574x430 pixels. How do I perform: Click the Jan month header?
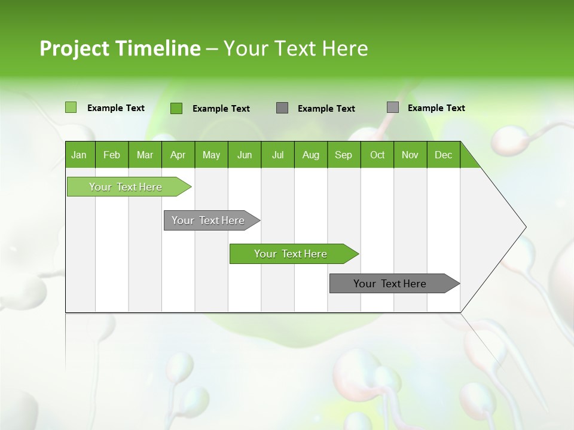pyautogui.click(x=79, y=155)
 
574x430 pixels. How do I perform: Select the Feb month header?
pyautogui.click(x=112, y=155)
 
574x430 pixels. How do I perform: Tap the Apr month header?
pyautogui.click(x=178, y=155)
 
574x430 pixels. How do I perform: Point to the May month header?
pyautogui.click(x=211, y=155)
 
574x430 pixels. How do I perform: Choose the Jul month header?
pyautogui.click(x=277, y=155)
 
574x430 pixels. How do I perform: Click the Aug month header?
pyautogui.click(x=310, y=155)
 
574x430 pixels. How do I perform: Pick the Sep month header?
pyautogui.click(x=343, y=155)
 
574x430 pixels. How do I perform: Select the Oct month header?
pyautogui.click(x=377, y=155)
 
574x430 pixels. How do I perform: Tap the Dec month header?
pyautogui.click(x=443, y=155)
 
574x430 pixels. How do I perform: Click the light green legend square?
pyautogui.click(x=71, y=107)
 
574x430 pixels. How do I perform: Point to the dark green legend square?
pyautogui.click(x=176, y=108)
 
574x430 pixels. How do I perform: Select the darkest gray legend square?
pyautogui.click(x=282, y=108)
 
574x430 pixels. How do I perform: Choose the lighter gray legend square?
pyautogui.click(x=392, y=107)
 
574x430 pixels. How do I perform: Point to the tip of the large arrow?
pyautogui.click(x=524, y=227)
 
